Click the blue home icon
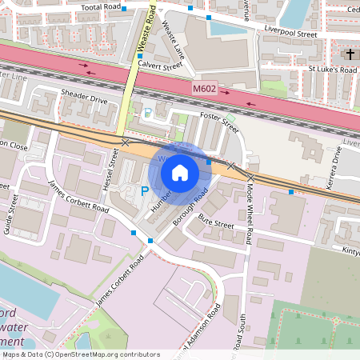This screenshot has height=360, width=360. coord(180,172)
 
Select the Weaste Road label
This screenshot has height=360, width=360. coord(145,27)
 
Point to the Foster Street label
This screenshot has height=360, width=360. coord(219,123)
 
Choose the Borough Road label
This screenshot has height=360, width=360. coord(190,210)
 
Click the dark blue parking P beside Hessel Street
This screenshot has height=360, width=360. coord(144,191)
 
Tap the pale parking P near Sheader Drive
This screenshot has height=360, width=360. coord(146,114)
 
